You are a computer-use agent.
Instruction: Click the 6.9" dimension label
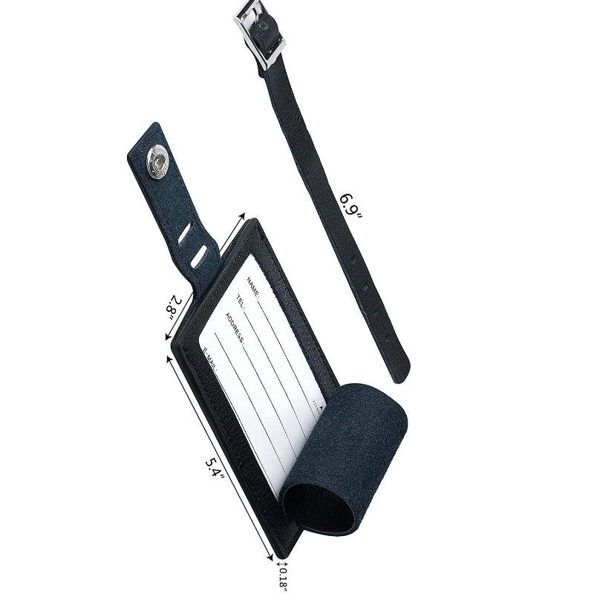coord(350,206)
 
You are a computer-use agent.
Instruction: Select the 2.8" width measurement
coord(173,304)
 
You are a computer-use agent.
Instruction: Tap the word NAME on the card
coord(252,286)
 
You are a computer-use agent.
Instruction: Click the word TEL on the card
coord(241,300)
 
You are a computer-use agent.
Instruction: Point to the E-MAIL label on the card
coord(211,359)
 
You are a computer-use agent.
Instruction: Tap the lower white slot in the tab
coord(198,258)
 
